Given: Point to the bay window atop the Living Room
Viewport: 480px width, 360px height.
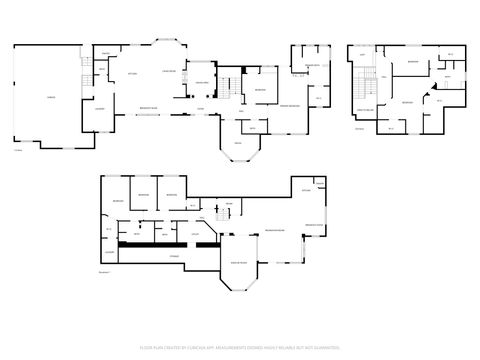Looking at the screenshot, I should pos(168,43).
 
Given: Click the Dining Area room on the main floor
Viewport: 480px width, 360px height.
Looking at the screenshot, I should pos(201,82).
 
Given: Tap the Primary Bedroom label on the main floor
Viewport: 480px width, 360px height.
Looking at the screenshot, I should pos(291,105).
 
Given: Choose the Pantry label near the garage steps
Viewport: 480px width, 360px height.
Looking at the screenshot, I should pos(104,54).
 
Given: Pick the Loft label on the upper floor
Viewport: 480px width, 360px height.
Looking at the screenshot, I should pos(362,55).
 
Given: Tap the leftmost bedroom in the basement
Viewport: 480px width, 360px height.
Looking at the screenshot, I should pos(118,201).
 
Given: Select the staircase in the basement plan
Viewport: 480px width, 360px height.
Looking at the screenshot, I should pos(219,214).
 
